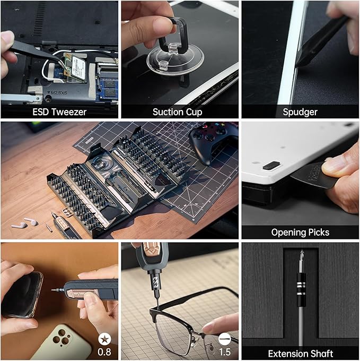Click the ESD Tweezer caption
[59, 111]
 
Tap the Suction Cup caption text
[177, 111]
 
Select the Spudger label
[301, 111]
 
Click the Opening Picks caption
[300, 232]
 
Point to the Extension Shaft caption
[300, 353]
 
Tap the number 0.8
[105, 352]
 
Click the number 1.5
[225, 352]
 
